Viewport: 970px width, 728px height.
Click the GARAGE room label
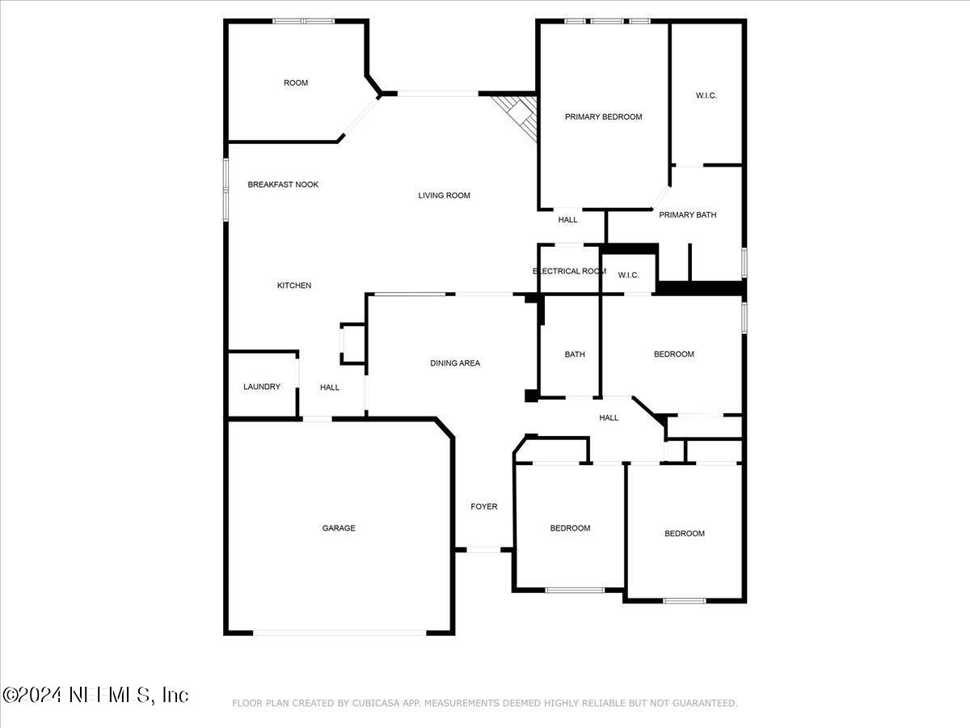[339, 528]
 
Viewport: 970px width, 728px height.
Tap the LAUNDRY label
[262, 387]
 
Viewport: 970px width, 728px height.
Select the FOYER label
[484, 506]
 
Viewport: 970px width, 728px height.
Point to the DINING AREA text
[455, 363]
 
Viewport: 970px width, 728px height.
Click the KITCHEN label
[294, 286]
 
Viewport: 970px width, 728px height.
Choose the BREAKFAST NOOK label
[283, 184]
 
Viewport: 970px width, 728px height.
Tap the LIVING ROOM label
[444, 195]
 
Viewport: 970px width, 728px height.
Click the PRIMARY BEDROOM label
[603, 116]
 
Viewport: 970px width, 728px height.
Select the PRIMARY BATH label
[688, 214]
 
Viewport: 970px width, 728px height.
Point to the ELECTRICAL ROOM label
[569, 271]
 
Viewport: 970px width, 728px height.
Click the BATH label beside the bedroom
[575, 354]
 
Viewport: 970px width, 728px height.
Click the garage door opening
[339, 633]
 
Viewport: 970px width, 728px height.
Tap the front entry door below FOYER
[484, 550]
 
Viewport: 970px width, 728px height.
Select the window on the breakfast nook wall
[226, 188]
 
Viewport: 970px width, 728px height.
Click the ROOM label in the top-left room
[296, 83]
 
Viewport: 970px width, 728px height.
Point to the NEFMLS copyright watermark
[95, 695]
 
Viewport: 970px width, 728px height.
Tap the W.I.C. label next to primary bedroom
[706, 95]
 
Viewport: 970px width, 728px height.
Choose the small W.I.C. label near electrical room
[629, 275]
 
